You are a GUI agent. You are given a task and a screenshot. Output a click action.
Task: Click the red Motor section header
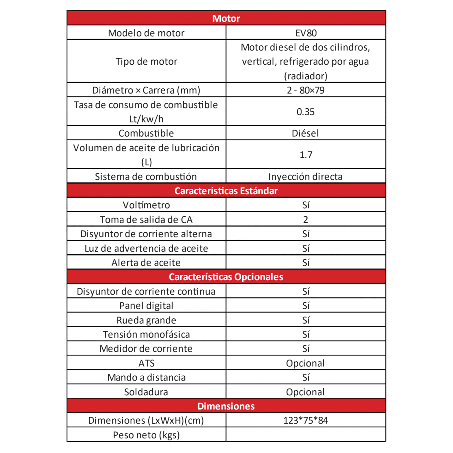[x=226, y=18]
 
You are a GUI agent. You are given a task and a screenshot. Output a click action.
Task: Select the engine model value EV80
[x=306, y=33]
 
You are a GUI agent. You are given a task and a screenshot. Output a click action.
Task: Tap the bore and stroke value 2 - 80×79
[x=305, y=90]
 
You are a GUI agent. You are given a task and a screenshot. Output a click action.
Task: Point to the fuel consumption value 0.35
[x=305, y=112]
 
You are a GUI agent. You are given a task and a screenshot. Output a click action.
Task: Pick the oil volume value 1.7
[x=306, y=155]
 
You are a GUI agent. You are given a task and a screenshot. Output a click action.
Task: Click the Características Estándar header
[x=226, y=191]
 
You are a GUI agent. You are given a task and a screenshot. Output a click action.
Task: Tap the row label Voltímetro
[x=146, y=205]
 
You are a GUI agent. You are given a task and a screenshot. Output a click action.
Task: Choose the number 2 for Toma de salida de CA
[x=305, y=220]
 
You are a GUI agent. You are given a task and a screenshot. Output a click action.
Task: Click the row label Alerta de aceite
[x=146, y=263]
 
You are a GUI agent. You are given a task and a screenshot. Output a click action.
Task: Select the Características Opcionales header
[x=226, y=277]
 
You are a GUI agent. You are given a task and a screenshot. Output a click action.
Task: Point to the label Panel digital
[x=146, y=306]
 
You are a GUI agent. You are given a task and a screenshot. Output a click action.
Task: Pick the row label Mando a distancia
[x=146, y=378]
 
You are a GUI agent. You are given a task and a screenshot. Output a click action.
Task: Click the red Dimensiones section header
[x=226, y=406]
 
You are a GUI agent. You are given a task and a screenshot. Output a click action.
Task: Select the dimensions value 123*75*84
[x=305, y=421]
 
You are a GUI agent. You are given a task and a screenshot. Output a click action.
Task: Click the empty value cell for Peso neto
[x=305, y=435]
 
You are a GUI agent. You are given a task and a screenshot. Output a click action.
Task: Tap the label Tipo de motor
[x=146, y=61]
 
